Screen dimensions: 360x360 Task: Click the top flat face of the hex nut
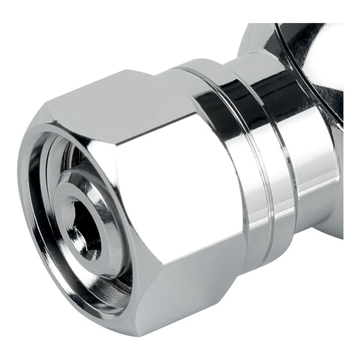tap(119, 97)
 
